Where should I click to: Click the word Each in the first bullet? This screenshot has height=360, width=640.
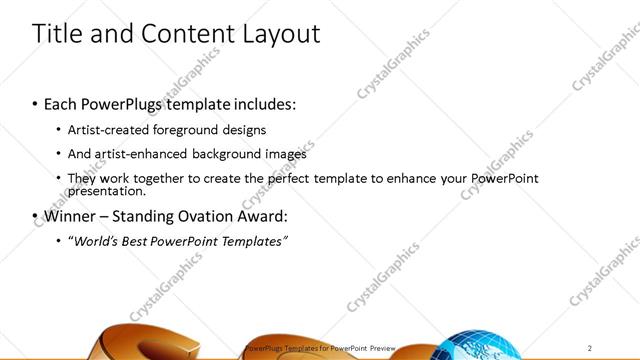(x=61, y=104)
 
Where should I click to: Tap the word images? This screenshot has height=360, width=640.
(x=285, y=154)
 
